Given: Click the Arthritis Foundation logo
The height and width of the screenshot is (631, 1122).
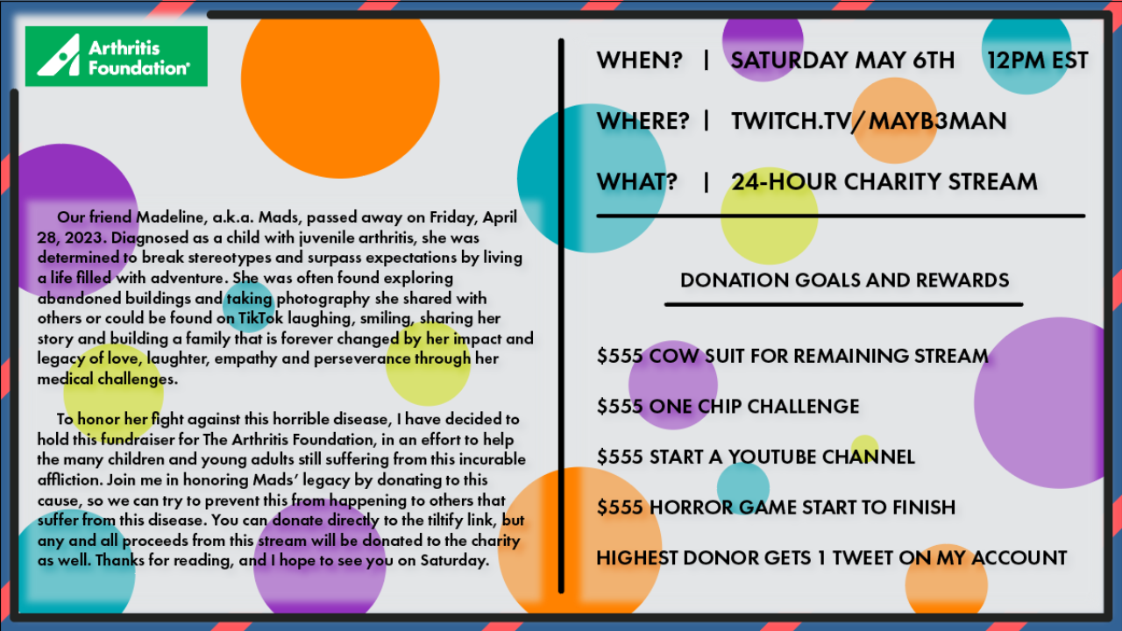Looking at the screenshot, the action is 117,56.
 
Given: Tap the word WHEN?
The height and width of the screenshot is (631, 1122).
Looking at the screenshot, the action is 640,60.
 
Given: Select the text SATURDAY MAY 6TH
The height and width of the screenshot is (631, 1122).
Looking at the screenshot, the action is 842,60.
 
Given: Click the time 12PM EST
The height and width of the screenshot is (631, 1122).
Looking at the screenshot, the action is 1037,60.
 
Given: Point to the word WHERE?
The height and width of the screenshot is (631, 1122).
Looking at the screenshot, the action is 643,121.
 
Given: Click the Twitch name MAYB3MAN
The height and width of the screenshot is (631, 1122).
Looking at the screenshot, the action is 937,121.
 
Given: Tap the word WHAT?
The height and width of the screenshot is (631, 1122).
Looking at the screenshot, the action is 636,181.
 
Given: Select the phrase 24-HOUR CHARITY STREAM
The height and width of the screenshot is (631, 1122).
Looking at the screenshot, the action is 884,181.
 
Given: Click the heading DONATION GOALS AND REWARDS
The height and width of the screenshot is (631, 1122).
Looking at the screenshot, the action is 844,280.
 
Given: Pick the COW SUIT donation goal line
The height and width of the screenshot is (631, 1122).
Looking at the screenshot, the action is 792,356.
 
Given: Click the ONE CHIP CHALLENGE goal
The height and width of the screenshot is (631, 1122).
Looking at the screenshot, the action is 728,406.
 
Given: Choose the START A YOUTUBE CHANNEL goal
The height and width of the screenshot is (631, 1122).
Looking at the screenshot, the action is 756,457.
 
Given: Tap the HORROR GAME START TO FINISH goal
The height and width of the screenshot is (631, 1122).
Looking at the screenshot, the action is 776,507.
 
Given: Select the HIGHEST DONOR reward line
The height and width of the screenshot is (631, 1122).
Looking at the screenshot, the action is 832,558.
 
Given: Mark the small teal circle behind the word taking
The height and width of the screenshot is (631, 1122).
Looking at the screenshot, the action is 249,307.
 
